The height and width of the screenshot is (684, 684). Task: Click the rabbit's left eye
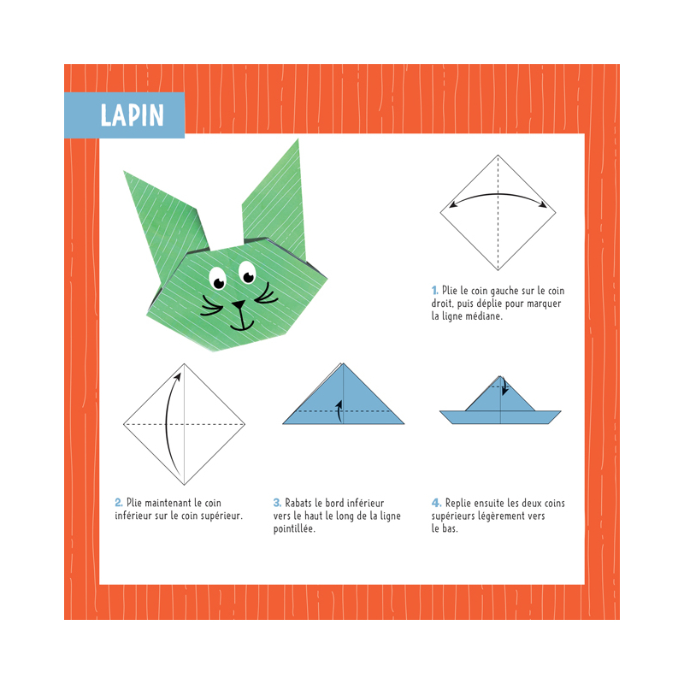[218, 280]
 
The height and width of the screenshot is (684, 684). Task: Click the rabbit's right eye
[248, 274]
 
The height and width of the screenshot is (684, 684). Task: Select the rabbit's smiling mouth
[243, 324]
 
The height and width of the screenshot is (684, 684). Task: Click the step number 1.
[435, 292]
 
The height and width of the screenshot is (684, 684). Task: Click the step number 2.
[119, 503]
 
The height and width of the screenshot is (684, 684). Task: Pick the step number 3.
[277, 503]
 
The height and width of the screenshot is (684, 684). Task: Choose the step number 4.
[436, 503]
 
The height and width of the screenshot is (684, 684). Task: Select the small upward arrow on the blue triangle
[340, 410]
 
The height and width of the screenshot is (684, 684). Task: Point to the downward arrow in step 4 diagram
[504, 386]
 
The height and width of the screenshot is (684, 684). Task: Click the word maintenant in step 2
[164, 503]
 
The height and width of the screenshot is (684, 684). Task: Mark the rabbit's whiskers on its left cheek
[213, 304]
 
